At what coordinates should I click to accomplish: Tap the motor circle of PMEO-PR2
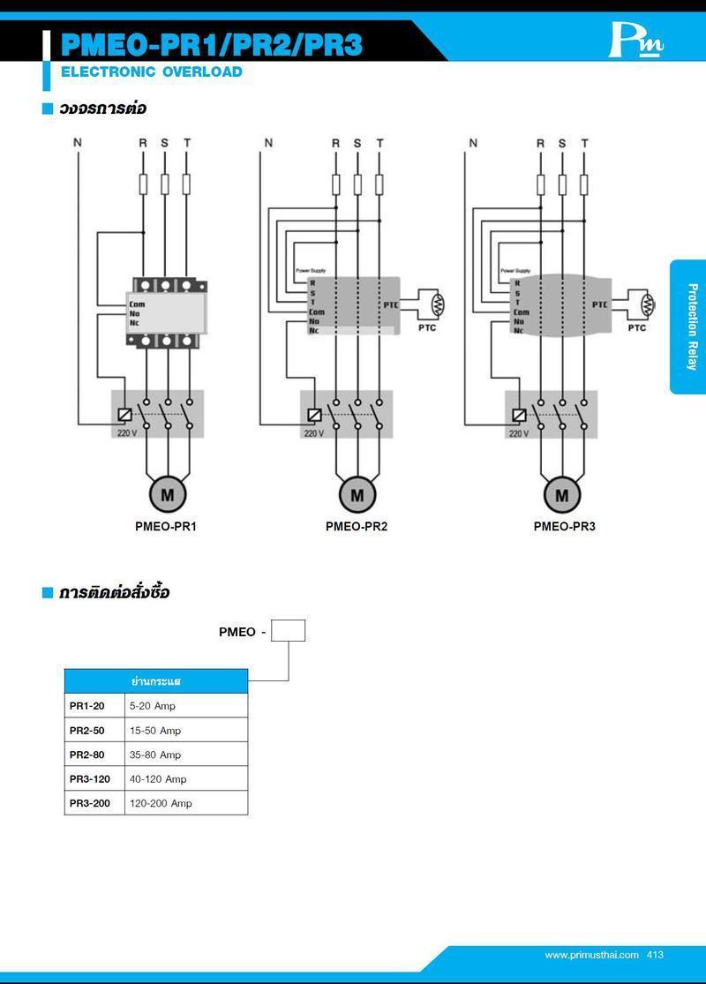click(357, 495)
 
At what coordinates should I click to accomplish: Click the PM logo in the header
click(635, 41)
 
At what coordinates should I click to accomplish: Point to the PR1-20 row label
click(87, 706)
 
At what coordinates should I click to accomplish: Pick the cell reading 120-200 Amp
click(161, 803)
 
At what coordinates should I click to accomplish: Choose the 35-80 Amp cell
click(155, 755)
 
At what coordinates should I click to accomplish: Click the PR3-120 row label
click(90, 779)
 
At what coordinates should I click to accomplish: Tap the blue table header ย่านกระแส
click(156, 681)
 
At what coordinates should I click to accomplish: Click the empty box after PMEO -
click(288, 631)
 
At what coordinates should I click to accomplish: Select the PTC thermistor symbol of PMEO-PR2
click(434, 305)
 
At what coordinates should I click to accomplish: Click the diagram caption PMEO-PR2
click(357, 527)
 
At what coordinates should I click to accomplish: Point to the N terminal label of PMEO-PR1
click(78, 143)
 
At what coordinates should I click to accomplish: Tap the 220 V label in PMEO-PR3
click(518, 433)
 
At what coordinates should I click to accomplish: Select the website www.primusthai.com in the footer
click(591, 955)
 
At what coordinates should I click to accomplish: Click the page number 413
click(655, 955)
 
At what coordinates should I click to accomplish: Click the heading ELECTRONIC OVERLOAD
click(151, 72)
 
